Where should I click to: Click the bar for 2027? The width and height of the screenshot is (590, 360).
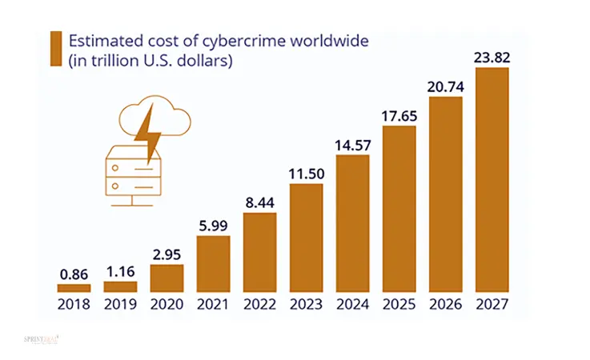tap(492, 180)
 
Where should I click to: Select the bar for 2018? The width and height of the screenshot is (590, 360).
tap(74, 288)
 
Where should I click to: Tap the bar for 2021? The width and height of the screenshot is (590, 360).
tap(214, 264)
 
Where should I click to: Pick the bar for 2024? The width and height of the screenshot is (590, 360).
tap(353, 224)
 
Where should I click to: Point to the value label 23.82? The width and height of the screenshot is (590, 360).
tap(492, 58)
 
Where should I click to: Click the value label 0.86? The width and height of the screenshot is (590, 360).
tap(74, 274)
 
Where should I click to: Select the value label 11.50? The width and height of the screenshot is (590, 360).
tap(307, 174)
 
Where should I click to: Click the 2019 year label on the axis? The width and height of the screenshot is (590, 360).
tap(121, 304)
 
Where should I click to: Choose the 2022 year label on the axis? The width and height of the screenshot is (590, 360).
tap(260, 304)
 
